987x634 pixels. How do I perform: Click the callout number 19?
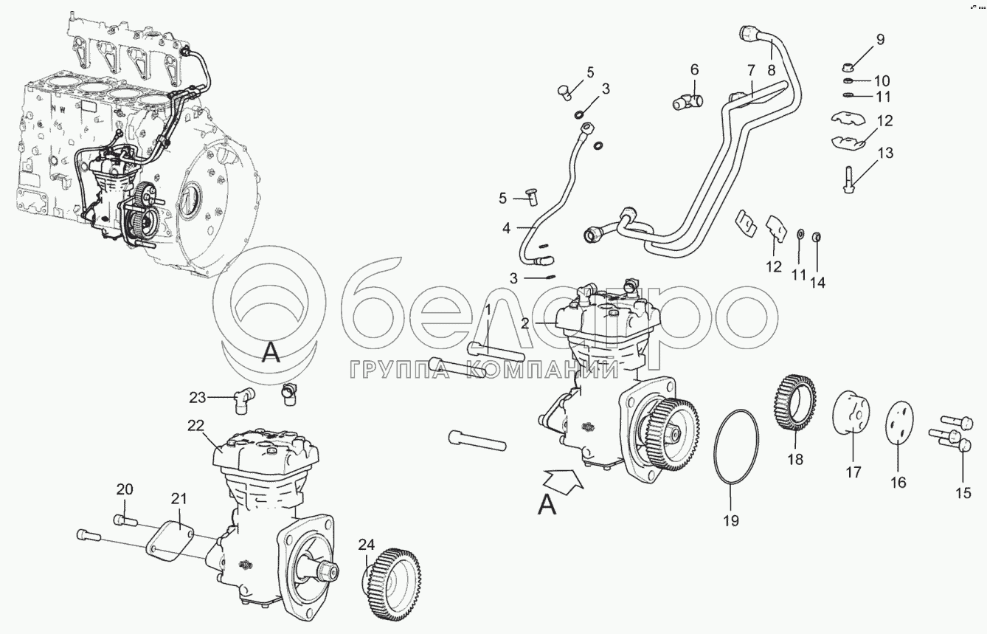pos(730,520)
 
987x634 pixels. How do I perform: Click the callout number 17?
pos(853,472)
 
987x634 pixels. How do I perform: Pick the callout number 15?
pos(963,493)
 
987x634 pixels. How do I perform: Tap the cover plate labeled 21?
pos(170,542)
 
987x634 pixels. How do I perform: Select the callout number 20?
pos(125,489)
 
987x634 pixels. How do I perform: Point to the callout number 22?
pos(195,425)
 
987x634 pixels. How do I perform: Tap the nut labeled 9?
pos(848,68)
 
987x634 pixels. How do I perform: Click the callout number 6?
pos(694,69)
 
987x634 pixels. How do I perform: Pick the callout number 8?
pos(771,70)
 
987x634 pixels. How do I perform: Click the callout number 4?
pos(506,228)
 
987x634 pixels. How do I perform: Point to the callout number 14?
pos(817,282)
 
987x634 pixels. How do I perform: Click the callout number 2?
pos(524,324)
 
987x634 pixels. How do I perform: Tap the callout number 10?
pos(882,80)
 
